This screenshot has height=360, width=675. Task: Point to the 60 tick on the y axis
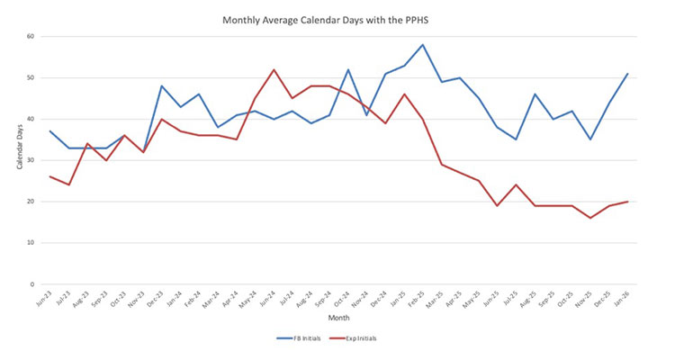(x=30, y=37)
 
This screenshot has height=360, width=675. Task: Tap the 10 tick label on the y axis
(x=30, y=243)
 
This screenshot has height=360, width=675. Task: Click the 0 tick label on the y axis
(x=31, y=284)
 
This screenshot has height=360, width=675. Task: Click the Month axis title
(x=340, y=317)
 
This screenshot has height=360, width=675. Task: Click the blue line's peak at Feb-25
(x=422, y=45)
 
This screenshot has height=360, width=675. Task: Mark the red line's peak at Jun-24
(x=274, y=70)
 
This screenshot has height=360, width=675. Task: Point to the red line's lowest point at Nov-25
(x=590, y=218)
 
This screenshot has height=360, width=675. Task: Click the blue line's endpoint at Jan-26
(x=627, y=74)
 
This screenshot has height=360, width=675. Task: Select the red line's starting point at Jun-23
(x=50, y=176)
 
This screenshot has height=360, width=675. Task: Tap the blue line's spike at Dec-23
(x=162, y=86)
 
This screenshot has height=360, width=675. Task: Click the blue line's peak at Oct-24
(x=347, y=70)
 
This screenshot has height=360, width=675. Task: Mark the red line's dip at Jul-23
(x=68, y=184)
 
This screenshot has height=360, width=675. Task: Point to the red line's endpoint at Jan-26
(x=627, y=202)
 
